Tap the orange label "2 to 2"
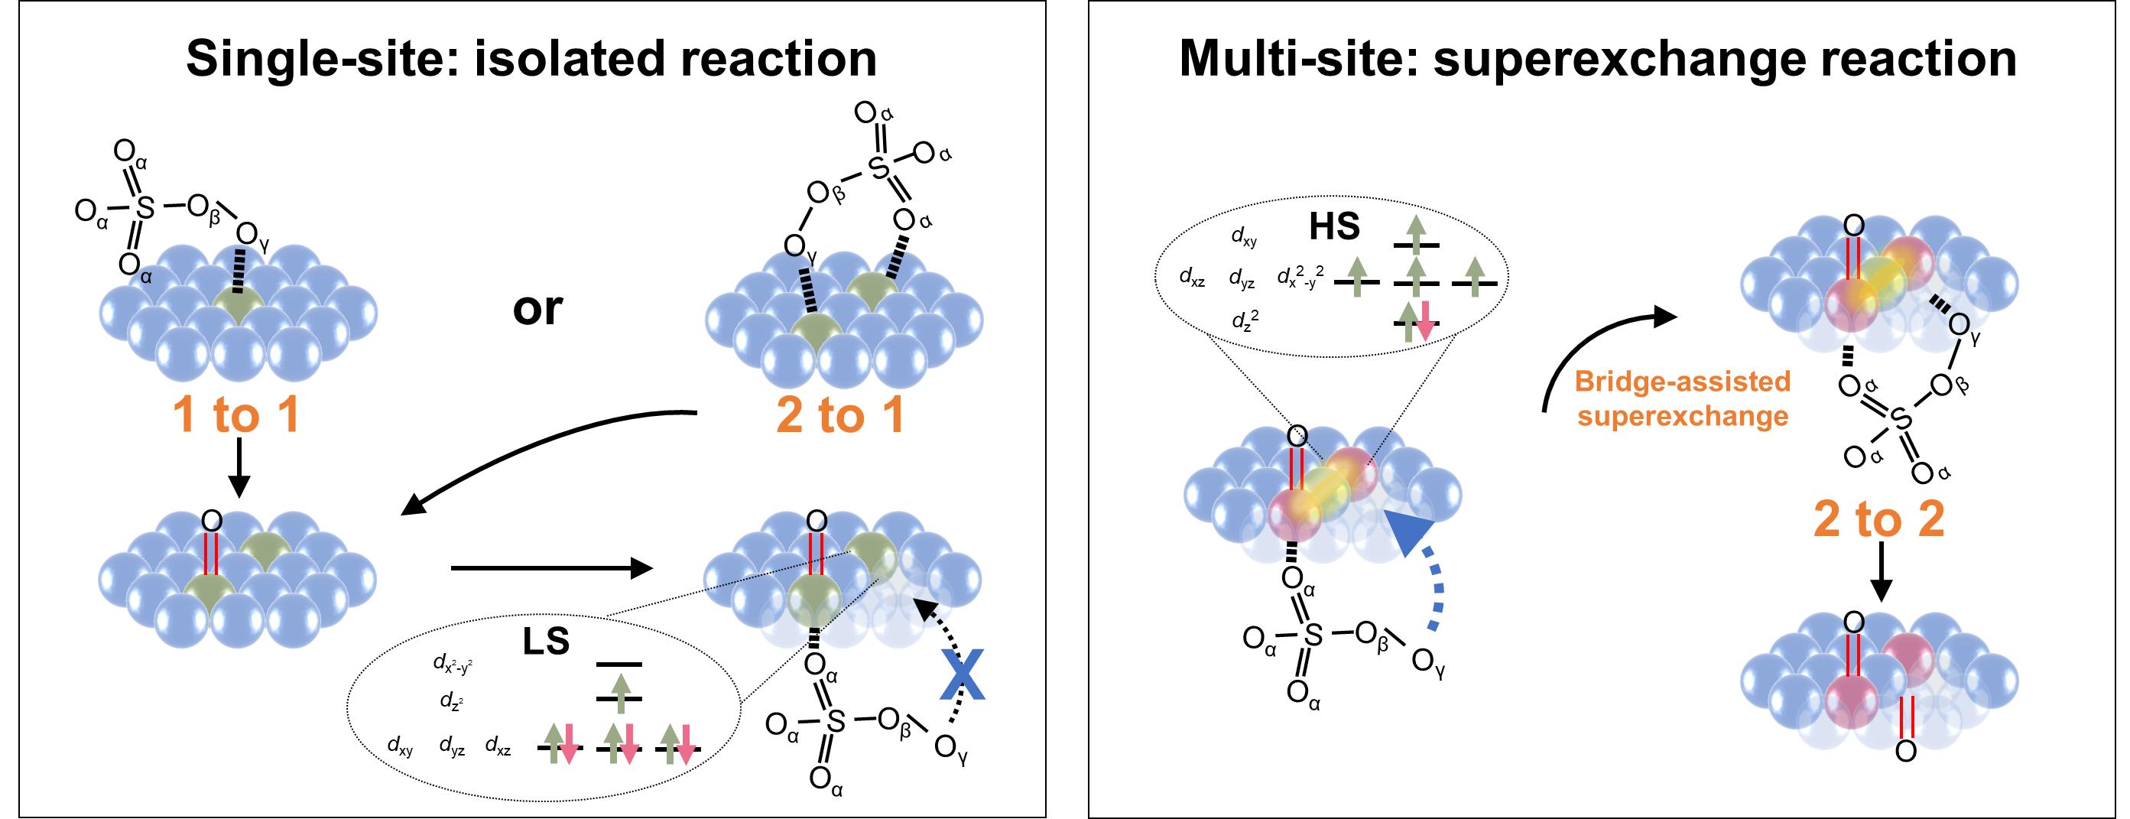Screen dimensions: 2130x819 tap(1878, 518)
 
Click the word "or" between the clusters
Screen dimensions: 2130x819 tap(537, 309)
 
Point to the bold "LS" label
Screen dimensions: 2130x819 tap(546, 641)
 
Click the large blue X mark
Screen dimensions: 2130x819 tap(963, 675)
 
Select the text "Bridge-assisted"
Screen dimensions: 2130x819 tap(1683, 382)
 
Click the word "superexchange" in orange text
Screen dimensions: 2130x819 tap(1683, 416)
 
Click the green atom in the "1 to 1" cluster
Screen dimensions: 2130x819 tap(237, 307)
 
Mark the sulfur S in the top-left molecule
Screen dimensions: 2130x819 tap(144, 208)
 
